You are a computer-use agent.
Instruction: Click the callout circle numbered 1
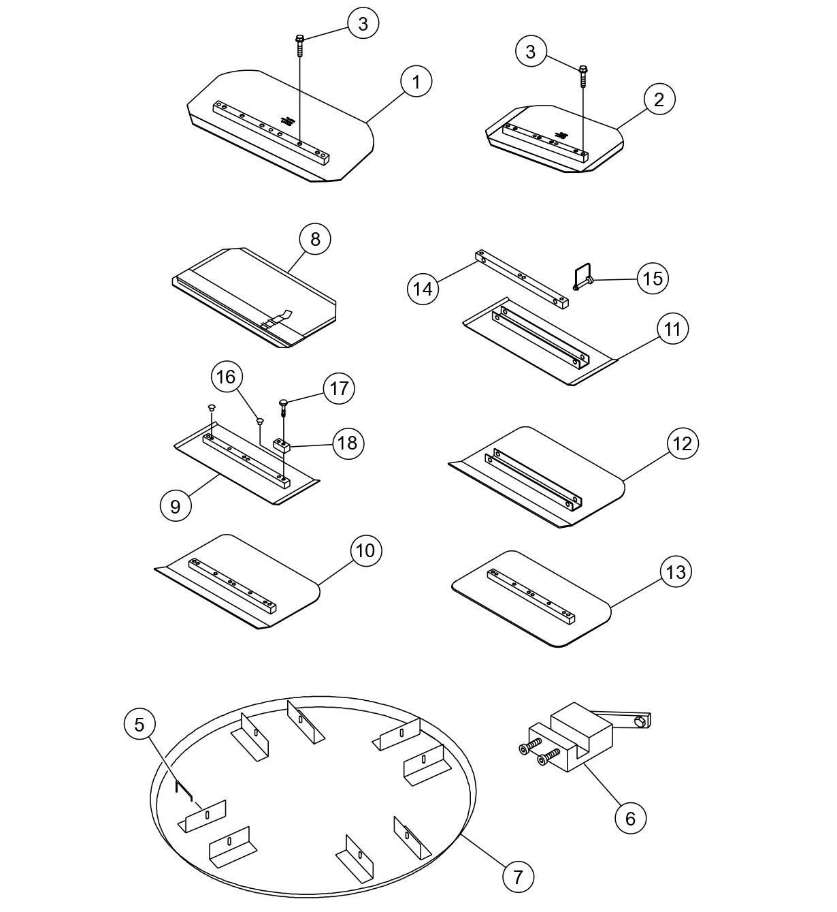pyautogui.click(x=416, y=82)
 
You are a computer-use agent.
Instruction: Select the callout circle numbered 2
pyautogui.click(x=658, y=99)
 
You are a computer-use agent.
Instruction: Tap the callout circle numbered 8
pyautogui.click(x=314, y=240)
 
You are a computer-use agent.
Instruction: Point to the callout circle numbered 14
pyautogui.click(x=423, y=289)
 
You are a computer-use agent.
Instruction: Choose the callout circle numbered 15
pyautogui.click(x=652, y=279)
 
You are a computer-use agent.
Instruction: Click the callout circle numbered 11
pyautogui.click(x=672, y=329)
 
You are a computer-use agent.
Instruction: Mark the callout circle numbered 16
pyautogui.click(x=227, y=377)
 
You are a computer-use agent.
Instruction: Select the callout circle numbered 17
pyautogui.click(x=339, y=389)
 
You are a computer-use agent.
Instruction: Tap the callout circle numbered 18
pyautogui.click(x=347, y=443)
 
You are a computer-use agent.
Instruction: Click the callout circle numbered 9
pyautogui.click(x=176, y=507)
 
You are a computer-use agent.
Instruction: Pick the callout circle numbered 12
pyautogui.click(x=682, y=444)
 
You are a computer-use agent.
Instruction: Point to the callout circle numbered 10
pyautogui.click(x=365, y=550)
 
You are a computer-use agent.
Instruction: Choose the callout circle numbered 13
pyautogui.click(x=676, y=571)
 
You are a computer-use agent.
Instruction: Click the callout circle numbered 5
pyautogui.click(x=139, y=725)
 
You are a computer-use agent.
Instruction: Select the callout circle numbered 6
pyautogui.click(x=630, y=818)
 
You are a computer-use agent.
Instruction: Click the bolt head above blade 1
pyautogui.click(x=299, y=39)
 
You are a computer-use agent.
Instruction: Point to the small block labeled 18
pyautogui.click(x=282, y=445)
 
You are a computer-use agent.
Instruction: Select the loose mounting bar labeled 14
pyautogui.click(x=521, y=280)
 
